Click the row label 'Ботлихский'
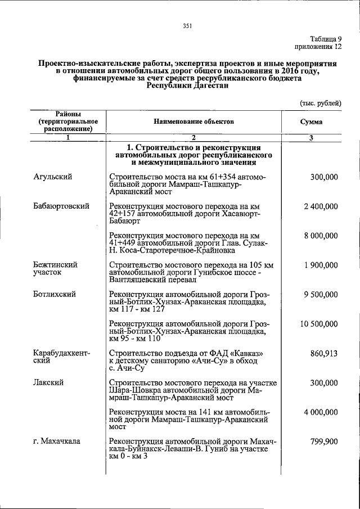(54, 294)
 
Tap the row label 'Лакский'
(48, 382)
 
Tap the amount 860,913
(324, 353)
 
